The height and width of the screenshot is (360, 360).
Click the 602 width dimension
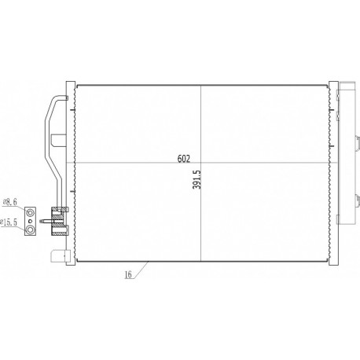pos(183,159)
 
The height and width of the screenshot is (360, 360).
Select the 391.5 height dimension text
pos(197,179)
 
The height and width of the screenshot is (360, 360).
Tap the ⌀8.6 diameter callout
pos(10,202)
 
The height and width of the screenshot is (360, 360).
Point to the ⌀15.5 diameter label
pos(9,222)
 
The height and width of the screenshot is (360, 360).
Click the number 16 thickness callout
pos(128,274)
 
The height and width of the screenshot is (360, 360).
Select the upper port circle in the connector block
pos(31,212)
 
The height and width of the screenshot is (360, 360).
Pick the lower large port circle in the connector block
pos(31,230)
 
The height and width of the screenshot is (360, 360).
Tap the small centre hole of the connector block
pos(31,221)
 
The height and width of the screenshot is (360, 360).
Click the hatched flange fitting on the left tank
pos(60,222)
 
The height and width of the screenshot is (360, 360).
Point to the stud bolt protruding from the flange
pos(46,222)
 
